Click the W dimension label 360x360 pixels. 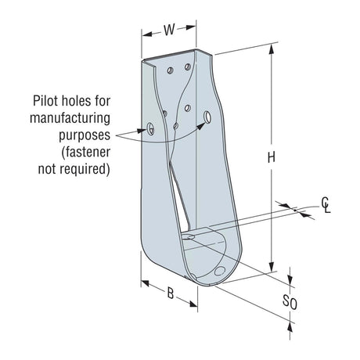pyautogui.click(x=169, y=32)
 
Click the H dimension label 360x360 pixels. pyautogui.click(x=271, y=157)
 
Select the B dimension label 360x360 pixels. pyautogui.click(x=170, y=294)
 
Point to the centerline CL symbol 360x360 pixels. pyautogui.click(x=326, y=206)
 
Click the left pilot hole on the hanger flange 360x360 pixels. pyautogui.click(x=149, y=126)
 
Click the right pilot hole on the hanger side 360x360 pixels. pyautogui.click(x=207, y=117)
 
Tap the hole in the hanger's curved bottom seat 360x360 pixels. pyautogui.click(x=220, y=272)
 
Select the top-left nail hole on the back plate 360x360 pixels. pyautogui.click(x=170, y=70)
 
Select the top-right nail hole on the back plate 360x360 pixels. pyautogui.click(x=188, y=67)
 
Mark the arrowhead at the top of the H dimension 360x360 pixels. pyautogui.click(x=271, y=49)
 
